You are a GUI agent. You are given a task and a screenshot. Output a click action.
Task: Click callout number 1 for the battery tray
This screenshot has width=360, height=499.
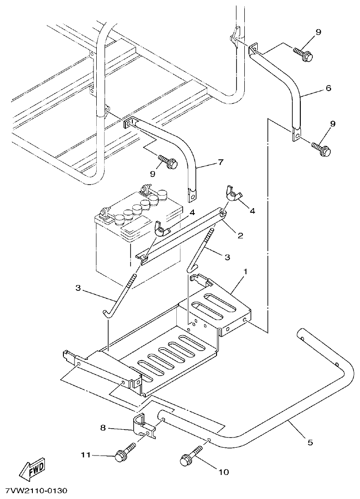tap(246, 271)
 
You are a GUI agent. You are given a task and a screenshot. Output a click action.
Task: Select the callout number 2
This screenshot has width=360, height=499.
tap(241, 235)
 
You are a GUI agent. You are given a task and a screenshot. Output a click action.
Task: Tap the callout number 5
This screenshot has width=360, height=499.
tap(310, 443)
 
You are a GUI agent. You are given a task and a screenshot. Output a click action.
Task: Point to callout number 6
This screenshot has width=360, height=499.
tap(329, 87)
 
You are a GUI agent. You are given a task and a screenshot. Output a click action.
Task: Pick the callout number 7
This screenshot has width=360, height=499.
tap(221, 162)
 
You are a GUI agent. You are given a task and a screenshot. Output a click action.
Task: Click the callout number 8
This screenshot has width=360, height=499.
tap(102, 429)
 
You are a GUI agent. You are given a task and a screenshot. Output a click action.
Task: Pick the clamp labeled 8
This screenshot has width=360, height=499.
tap(143, 425)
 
